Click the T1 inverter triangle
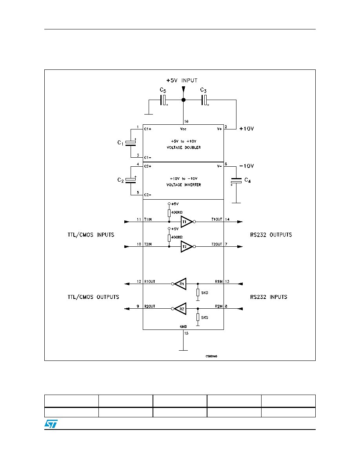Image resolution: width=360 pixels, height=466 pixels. click(186, 222)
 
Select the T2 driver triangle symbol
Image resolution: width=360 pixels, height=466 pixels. click(186, 247)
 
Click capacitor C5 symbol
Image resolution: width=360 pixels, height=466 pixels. click(164, 100)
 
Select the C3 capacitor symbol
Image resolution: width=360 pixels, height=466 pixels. click(204, 100)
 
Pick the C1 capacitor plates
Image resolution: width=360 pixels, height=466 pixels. click(131, 143)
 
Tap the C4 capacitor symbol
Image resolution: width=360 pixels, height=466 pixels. click(236, 180)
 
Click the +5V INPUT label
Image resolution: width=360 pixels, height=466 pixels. click(182, 80)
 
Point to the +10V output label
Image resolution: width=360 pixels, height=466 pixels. click(247, 129)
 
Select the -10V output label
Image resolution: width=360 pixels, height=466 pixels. click(247, 166)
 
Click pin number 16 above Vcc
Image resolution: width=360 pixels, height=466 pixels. click(186, 122)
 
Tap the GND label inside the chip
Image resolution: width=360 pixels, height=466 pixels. click(183, 327)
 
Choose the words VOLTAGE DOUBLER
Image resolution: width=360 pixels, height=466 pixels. click(184, 147)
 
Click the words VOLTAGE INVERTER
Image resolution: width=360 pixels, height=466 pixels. click(184, 185)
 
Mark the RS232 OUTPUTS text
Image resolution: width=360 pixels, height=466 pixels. click(271, 235)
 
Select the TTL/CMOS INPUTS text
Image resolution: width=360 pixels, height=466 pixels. click(91, 235)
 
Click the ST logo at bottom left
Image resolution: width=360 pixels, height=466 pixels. click(51, 424)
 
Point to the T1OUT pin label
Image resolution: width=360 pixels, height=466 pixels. click(217, 219)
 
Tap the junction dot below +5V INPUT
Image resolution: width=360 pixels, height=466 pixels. click(184, 100)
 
